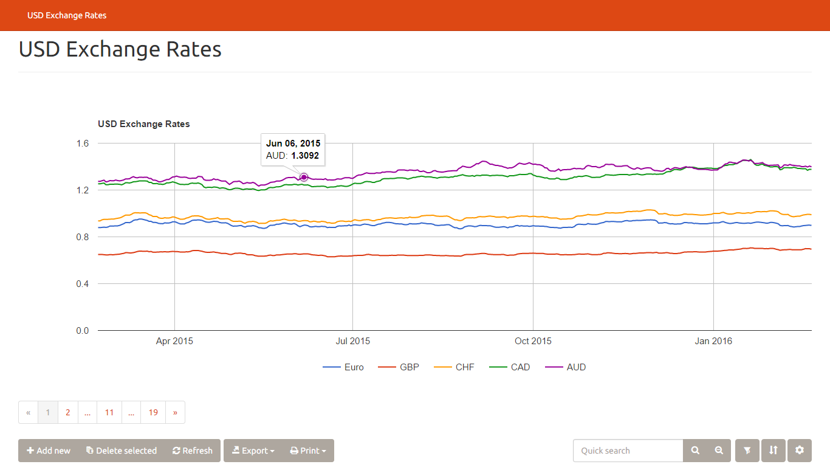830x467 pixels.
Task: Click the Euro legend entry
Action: click(x=344, y=367)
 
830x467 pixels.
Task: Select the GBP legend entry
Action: click(x=399, y=367)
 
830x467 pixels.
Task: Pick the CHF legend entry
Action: click(x=454, y=367)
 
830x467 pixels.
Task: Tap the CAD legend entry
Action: click(x=510, y=367)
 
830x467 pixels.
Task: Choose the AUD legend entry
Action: click(x=566, y=367)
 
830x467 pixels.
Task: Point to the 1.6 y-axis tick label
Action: click(x=83, y=144)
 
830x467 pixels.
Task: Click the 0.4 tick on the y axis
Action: click(x=83, y=284)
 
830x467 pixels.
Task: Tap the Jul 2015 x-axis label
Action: click(x=352, y=341)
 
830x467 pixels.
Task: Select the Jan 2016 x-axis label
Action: click(x=713, y=341)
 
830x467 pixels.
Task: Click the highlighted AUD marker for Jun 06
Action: click(x=304, y=177)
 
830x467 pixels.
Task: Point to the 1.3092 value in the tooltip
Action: click(x=304, y=156)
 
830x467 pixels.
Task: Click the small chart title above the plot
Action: click(x=144, y=124)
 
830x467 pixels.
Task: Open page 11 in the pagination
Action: click(x=109, y=412)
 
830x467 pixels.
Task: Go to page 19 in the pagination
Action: click(x=153, y=412)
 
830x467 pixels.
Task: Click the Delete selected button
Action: click(x=122, y=451)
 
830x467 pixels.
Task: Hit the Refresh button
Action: click(x=193, y=451)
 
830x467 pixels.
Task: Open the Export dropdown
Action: click(x=253, y=451)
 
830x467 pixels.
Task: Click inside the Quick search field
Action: click(x=628, y=451)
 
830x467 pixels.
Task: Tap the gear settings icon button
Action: click(x=800, y=451)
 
